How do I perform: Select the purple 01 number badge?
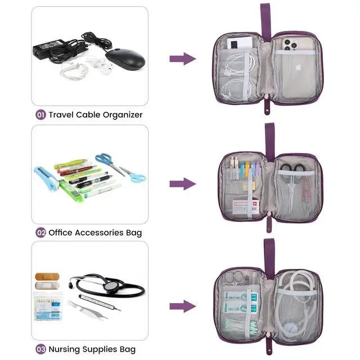click(40, 115)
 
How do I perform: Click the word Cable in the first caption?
click(88, 115)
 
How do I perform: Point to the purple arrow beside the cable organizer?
click(183, 58)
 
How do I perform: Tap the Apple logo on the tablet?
click(298, 67)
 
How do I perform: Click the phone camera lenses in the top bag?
click(290, 44)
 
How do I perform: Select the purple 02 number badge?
click(40, 232)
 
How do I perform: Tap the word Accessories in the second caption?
click(99, 232)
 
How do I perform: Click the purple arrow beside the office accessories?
click(183, 184)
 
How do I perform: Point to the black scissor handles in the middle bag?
click(292, 168)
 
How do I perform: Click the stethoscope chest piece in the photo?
click(111, 286)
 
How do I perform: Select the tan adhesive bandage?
click(47, 277)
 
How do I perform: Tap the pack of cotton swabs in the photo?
click(48, 306)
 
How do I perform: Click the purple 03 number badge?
click(40, 349)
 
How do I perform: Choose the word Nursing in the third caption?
click(64, 349)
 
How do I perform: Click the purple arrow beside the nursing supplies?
click(183, 306)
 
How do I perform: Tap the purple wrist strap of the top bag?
click(265, 22)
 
